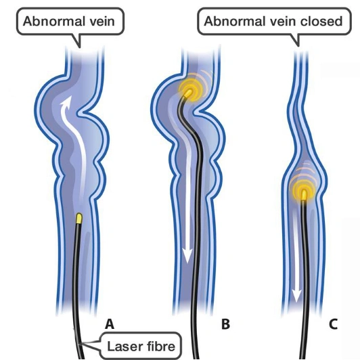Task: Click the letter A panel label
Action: pyautogui.click(x=110, y=324)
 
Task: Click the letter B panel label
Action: pyautogui.click(x=225, y=324)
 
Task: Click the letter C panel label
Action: pyautogui.click(x=333, y=324)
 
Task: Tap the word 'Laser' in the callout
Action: pyautogui.click(x=122, y=346)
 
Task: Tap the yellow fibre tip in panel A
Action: pyautogui.click(x=79, y=219)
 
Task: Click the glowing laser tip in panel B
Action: pyautogui.click(x=189, y=93)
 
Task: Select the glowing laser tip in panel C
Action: pyautogui.click(x=304, y=194)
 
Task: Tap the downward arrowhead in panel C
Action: pyautogui.click(x=296, y=297)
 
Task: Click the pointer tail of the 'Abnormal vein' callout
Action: pyautogui.click(x=78, y=41)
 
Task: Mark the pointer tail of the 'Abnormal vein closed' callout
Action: pyautogui.click(x=296, y=41)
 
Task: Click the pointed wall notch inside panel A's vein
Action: pyautogui.click(x=80, y=113)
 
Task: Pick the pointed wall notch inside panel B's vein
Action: pyautogui.click(x=196, y=113)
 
